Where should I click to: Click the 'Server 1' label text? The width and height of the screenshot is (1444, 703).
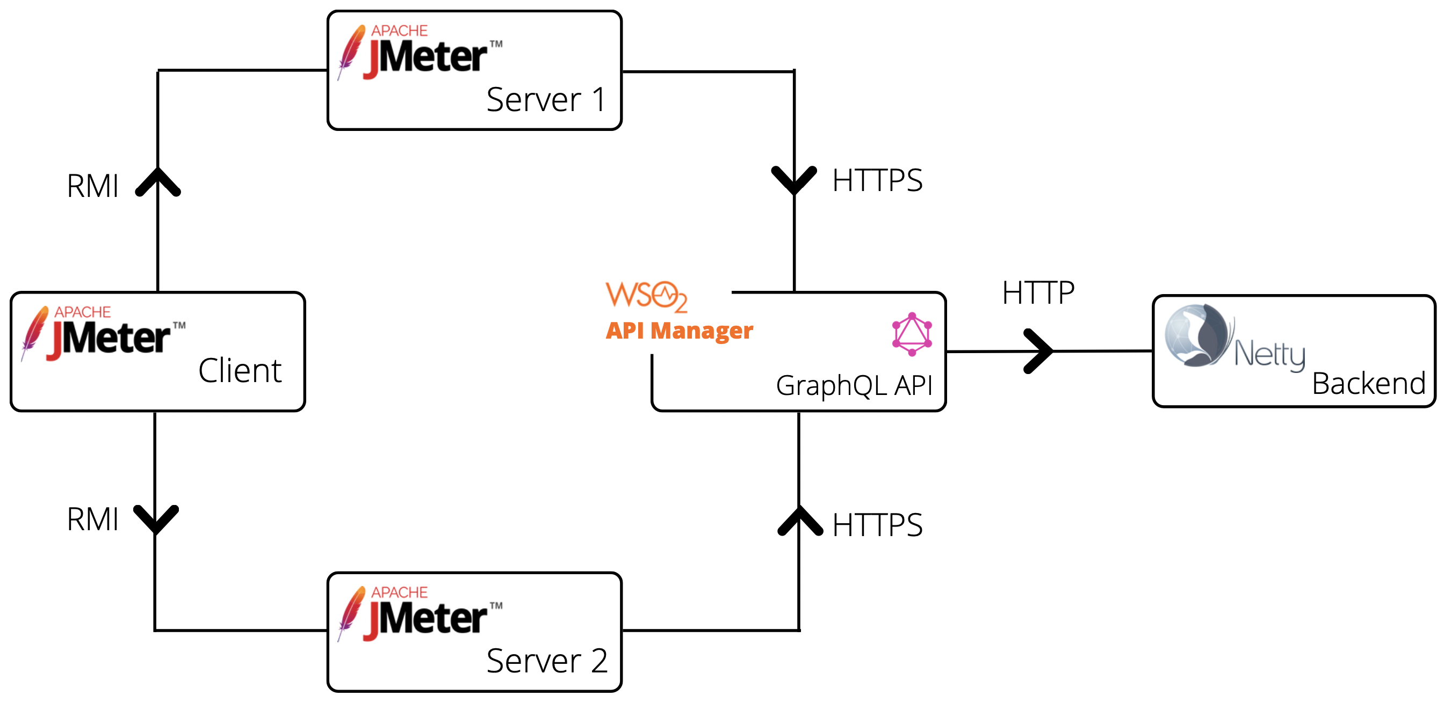546,100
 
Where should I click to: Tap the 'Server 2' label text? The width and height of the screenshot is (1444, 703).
546,661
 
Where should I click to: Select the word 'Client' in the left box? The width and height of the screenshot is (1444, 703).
240,371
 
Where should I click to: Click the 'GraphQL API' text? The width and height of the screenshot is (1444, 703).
854,385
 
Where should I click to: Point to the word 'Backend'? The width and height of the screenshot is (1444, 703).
1368,384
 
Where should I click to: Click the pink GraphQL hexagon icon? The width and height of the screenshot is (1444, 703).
912,334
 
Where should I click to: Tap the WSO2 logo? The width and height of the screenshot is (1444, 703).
646,296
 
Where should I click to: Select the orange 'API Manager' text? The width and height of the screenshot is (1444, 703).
679,331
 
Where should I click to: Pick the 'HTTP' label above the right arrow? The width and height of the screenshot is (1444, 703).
1038,293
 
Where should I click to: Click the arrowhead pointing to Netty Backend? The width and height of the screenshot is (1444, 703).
1039,351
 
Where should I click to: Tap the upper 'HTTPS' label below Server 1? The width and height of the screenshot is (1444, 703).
877,181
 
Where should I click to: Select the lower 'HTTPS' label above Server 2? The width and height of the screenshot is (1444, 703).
877,525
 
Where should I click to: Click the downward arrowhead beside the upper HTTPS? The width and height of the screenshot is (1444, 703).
795,180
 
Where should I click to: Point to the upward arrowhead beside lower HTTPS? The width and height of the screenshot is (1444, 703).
800,521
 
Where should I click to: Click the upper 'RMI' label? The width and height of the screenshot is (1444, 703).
92,186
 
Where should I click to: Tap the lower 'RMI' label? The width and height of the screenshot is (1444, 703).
92,519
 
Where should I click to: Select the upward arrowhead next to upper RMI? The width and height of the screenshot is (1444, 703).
158,181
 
